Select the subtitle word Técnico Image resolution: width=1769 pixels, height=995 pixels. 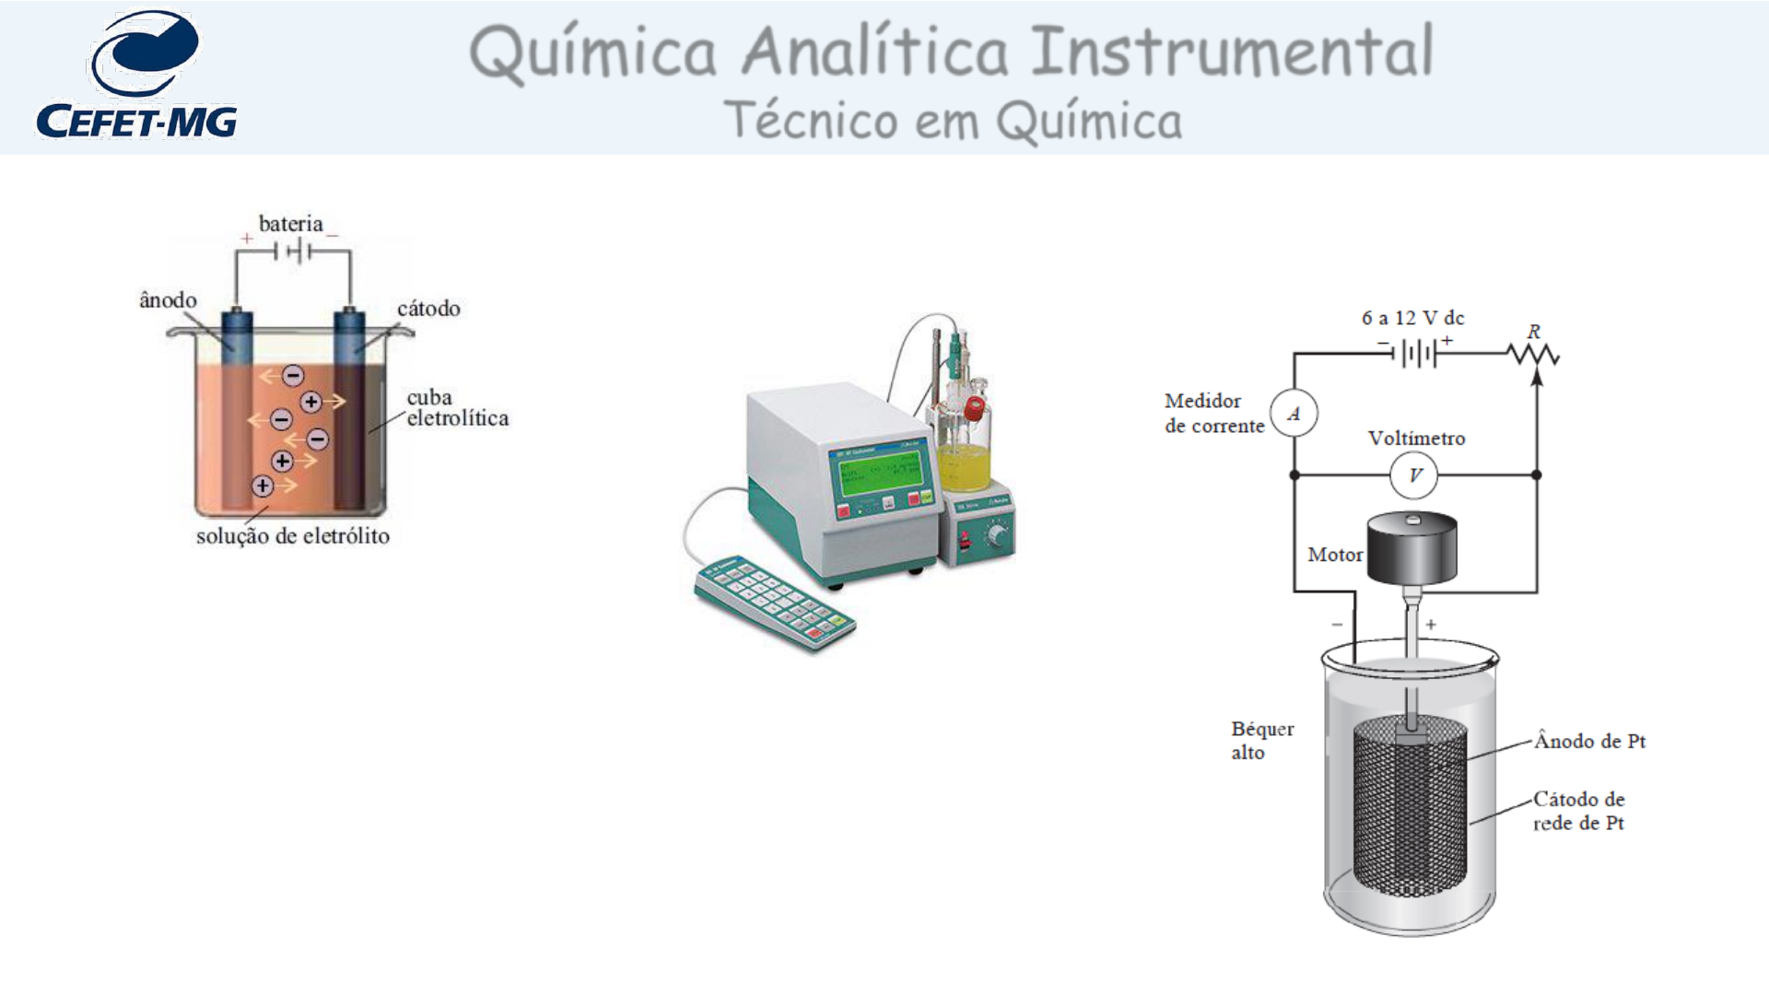coord(811,121)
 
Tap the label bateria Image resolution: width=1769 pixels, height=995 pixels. coord(290,224)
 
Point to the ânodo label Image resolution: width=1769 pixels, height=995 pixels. coord(168,300)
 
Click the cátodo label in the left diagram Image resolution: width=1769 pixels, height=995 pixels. coord(428,309)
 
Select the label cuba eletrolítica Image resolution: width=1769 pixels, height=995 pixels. coord(456,408)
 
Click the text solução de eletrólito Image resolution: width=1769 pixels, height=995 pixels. coord(292,536)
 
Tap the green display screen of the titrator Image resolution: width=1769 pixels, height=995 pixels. coord(878,473)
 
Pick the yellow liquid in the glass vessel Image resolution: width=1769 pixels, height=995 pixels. coord(964,467)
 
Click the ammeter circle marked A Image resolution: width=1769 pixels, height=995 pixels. coord(1294,414)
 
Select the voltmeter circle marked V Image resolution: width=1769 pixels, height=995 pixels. coord(1414,475)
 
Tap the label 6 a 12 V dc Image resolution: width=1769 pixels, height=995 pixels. coord(1412,318)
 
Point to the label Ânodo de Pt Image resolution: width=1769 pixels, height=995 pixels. coord(1589,742)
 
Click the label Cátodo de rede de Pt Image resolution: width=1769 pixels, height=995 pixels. coord(1578,811)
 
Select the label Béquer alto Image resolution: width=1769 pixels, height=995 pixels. coord(1261,741)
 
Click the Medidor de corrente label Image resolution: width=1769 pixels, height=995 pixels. coord(1213,414)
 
